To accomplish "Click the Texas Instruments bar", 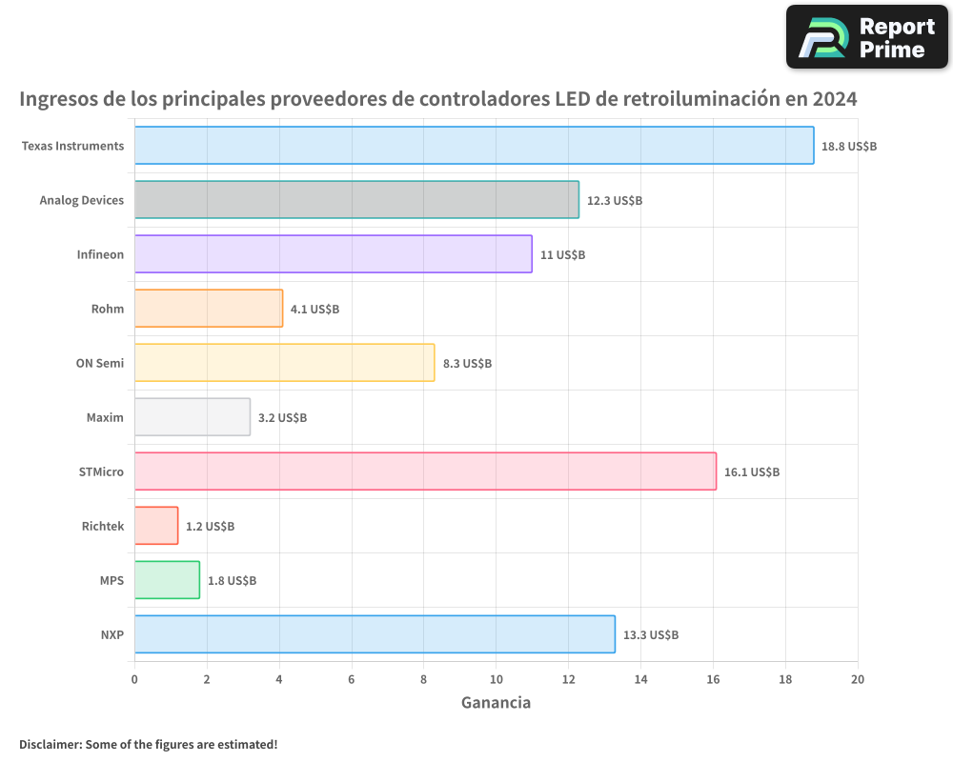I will pyautogui.click(x=474, y=146).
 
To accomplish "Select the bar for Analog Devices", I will pyautogui.click(x=356, y=200).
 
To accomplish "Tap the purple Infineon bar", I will pyautogui.click(x=333, y=254).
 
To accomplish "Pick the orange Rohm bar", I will pyautogui.click(x=208, y=309).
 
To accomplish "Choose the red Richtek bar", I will pyautogui.click(x=156, y=526).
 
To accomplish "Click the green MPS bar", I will pyautogui.click(x=167, y=580).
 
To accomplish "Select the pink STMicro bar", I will pyautogui.click(x=425, y=471).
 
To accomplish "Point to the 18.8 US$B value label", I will pyautogui.click(x=849, y=147).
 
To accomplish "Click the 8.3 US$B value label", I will pyautogui.click(x=467, y=364).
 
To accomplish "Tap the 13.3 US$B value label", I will pyautogui.click(x=651, y=635).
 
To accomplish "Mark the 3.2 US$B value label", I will pyautogui.click(x=282, y=418).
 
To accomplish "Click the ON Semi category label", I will pyautogui.click(x=100, y=363).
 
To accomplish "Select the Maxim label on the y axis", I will pyautogui.click(x=106, y=417).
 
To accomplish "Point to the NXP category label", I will pyautogui.click(x=112, y=634).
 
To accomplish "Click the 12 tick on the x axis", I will pyautogui.click(x=568, y=679).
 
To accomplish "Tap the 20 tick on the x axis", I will pyautogui.click(x=857, y=679).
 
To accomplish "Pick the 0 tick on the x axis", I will pyautogui.click(x=134, y=679).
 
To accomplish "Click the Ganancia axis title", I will pyautogui.click(x=496, y=703).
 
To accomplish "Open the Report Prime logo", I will pyautogui.click(x=867, y=37).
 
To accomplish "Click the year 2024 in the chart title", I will pyautogui.click(x=834, y=98).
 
